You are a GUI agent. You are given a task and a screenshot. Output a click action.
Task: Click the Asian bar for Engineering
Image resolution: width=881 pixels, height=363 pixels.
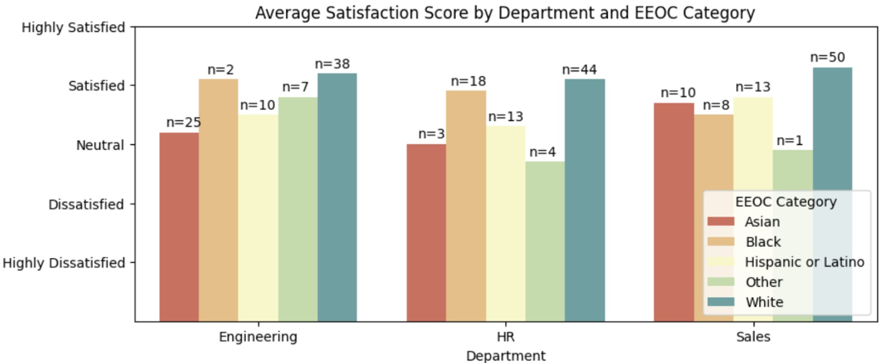179,227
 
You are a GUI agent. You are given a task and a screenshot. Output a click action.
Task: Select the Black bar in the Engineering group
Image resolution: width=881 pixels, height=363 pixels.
219,200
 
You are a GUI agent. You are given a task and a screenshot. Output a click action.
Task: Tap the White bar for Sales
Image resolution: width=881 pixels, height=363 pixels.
832,195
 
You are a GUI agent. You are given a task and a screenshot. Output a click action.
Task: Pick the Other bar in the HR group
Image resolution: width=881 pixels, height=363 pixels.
545,242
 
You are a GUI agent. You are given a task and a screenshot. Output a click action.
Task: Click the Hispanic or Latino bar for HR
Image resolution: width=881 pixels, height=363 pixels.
505,224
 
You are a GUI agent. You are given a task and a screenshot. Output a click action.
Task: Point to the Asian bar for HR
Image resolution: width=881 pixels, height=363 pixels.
426,232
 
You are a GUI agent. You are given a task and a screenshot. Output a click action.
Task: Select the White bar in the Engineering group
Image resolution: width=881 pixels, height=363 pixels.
337,197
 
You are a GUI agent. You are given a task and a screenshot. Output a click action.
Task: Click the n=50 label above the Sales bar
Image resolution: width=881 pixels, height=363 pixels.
827,58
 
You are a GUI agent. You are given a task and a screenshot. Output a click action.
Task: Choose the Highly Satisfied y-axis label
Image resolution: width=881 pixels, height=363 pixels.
73,27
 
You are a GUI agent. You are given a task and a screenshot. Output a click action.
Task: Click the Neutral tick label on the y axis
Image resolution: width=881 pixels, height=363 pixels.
100,145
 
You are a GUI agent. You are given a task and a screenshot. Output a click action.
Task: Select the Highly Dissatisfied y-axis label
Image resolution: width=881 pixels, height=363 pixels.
63,263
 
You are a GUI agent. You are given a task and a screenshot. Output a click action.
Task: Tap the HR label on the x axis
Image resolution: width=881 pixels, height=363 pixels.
505,337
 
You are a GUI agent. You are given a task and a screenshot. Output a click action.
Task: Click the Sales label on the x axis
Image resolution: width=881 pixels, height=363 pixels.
754,337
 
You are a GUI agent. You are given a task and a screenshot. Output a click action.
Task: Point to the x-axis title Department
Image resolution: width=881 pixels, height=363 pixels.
505,355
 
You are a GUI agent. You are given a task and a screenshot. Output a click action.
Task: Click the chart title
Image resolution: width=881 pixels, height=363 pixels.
505,14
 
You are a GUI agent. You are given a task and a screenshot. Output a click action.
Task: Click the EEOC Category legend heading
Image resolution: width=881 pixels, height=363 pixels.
786,200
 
